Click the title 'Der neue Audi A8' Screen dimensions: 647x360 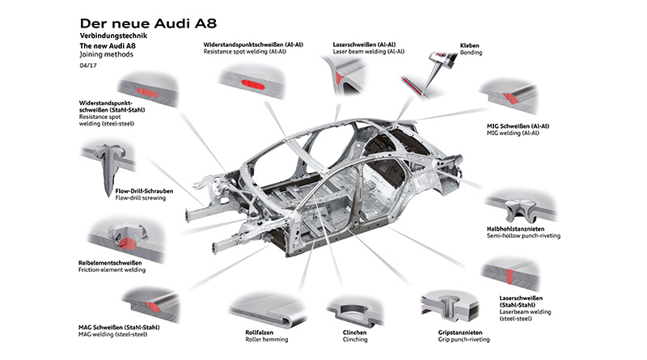pyautogui.click(x=148, y=23)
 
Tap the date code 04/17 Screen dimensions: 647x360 pyautogui.click(x=88, y=66)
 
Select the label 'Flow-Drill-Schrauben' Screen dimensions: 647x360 pyautogui.click(x=144, y=191)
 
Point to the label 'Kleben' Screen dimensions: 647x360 pyautogui.click(x=470, y=45)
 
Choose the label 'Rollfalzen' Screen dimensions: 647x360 pyautogui.click(x=259, y=332)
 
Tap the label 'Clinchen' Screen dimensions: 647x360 pyautogui.click(x=354, y=332)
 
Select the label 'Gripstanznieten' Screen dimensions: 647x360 pyautogui.click(x=460, y=332)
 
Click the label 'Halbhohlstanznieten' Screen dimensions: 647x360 pyautogui.click(x=515, y=229)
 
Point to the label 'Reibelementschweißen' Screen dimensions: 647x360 pyautogui.click(x=110, y=263)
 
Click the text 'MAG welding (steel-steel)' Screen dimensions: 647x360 pyautogui.click(x=112, y=334)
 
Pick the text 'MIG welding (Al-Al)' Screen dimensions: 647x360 pyautogui.click(x=513, y=133)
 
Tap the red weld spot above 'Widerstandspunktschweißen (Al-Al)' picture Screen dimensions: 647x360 pyautogui.click(x=253, y=84)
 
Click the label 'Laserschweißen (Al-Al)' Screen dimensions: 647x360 pyautogui.click(x=365, y=44)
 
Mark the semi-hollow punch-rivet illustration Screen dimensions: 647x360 pyautogui.click(x=521, y=209)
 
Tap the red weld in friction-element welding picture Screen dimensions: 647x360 pyautogui.click(x=128, y=244)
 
